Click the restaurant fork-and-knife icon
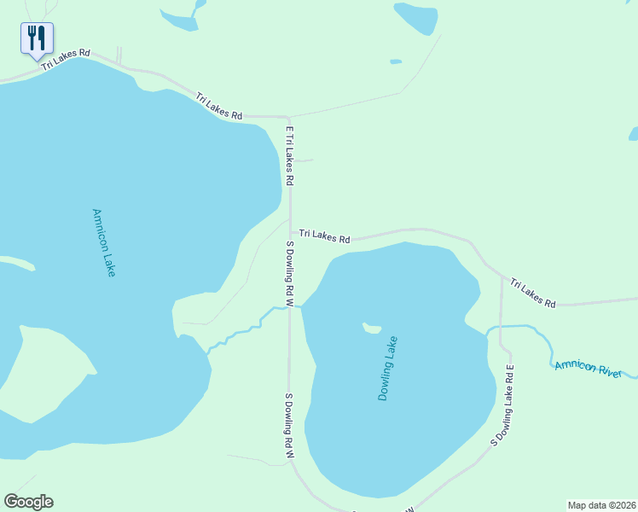37,38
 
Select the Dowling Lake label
388,369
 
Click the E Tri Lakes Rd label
289,156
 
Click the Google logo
28,502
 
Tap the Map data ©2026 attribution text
601,504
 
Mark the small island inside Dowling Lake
371,328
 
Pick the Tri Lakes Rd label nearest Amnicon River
533,293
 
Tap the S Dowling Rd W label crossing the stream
290,273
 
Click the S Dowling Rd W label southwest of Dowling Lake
289,427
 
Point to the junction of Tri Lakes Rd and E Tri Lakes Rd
289,116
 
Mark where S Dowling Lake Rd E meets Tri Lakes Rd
501,276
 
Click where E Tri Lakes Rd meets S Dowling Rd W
291,232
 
